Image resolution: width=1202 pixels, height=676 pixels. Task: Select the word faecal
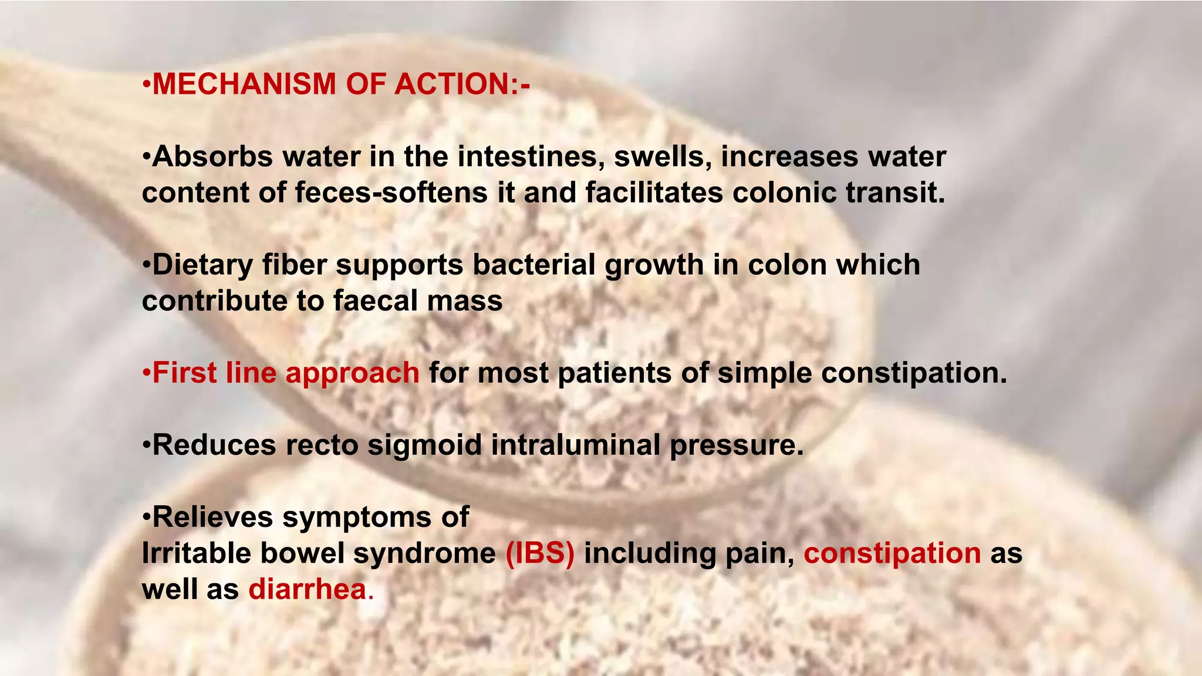pos(376,301)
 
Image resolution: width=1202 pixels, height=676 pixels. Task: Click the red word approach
pos(352,374)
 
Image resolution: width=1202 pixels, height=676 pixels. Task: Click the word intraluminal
pos(576,445)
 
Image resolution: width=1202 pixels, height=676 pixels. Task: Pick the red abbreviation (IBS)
pos(540,553)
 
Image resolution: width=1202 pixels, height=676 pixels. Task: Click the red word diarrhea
pos(308,589)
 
